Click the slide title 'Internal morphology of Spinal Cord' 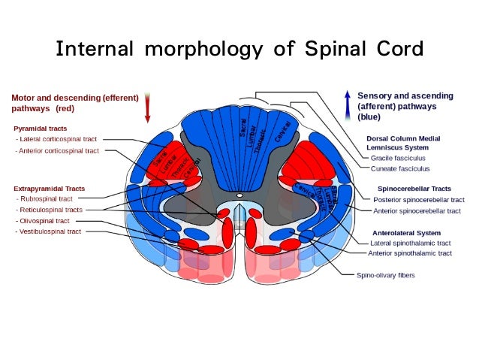[239, 50]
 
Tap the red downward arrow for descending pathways [148, 107]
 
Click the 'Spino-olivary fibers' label [385, 275]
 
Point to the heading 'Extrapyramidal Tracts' [49, 187]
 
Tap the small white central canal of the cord [239, 195]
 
